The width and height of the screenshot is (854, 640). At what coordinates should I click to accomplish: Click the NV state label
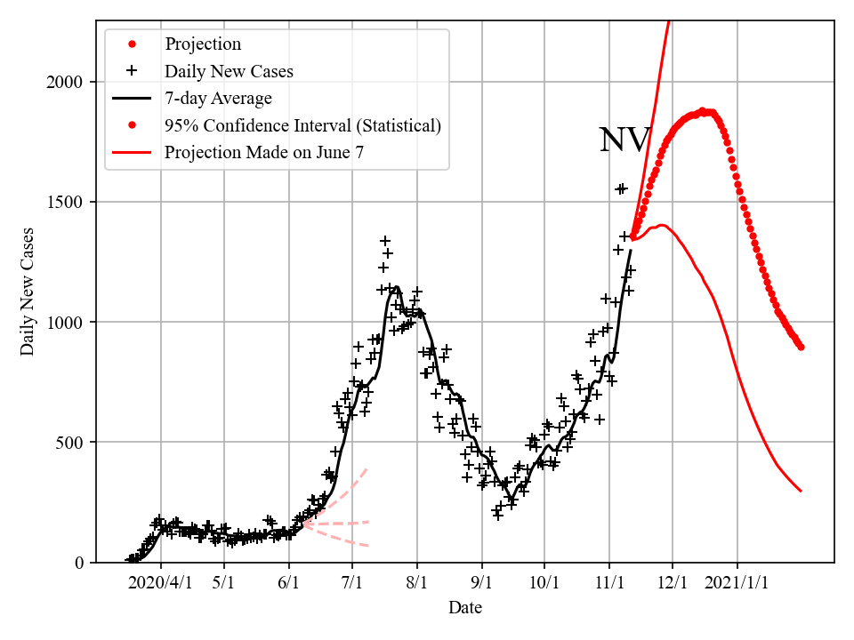pyautogui.click(x=624, y=140)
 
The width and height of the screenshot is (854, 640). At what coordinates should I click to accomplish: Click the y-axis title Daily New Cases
pyautogui.click(x=28, y=292)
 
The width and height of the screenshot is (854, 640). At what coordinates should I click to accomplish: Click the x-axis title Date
pyautogui.click(x=465, y=608)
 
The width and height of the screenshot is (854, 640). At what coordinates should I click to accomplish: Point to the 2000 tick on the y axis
pyautogui.click(x=64, y=83)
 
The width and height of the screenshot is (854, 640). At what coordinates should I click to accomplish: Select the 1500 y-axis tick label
pyautogui.click(x=64, y=203)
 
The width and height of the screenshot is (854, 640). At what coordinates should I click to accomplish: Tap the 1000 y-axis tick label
pyautogui.click(x=64, y=323)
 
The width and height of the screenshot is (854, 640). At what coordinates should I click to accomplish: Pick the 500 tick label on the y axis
pyautogui.click(x=69, y=443)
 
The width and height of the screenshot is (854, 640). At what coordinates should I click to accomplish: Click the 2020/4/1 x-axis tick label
pyautogui.click(x=160, y=582)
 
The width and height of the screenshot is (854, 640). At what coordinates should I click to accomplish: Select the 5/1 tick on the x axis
pyautogui.click(x=224, y=582)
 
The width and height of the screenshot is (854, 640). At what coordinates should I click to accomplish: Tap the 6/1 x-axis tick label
pyautogui.click(x=289, y=582)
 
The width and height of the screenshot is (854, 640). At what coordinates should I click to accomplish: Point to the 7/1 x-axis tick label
pyautogui.click(x=352, y=582)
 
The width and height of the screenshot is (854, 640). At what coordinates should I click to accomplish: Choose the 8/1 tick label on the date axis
pyautogui.click(x=417, y=582)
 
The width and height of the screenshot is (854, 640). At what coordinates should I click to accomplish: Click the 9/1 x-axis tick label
pyautogui.click(x=482, y=582)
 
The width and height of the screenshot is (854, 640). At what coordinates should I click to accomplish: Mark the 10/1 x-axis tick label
pyautogui.click(x=544, y=582)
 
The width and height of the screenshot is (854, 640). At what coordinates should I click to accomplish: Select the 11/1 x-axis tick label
pyautogui.click(x=609, y=582)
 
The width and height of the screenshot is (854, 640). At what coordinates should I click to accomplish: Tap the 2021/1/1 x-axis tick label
pyautogui.click(x=737, y=582)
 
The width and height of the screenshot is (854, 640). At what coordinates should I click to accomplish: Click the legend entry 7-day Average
pyautogui.click(x=218, y=99)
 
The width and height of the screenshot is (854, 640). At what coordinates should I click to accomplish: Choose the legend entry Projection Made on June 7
pyautogui.click(x=264, y=153)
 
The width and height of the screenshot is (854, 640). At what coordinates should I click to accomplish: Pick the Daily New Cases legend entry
pyautogui.click(x=229, y=71)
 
